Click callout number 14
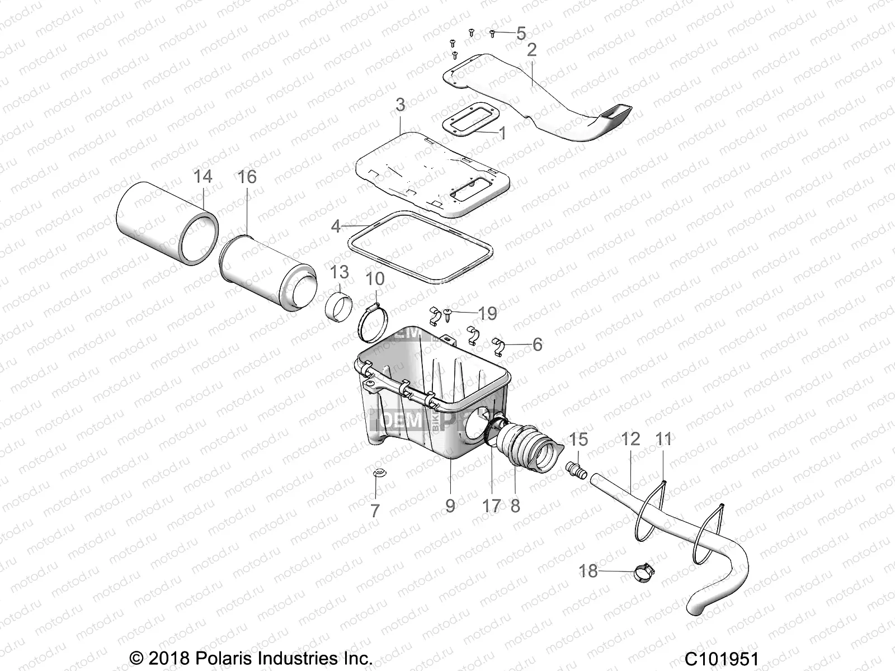coord(202,177)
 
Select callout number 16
coord(247,177)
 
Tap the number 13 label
coord(339,272)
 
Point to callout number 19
coord(488,314)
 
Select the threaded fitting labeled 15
coord(576,470)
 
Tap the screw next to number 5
coord(492,33)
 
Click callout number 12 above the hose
coord(630,440)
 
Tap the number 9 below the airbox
coord(450,506)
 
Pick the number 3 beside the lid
coord(400,105)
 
